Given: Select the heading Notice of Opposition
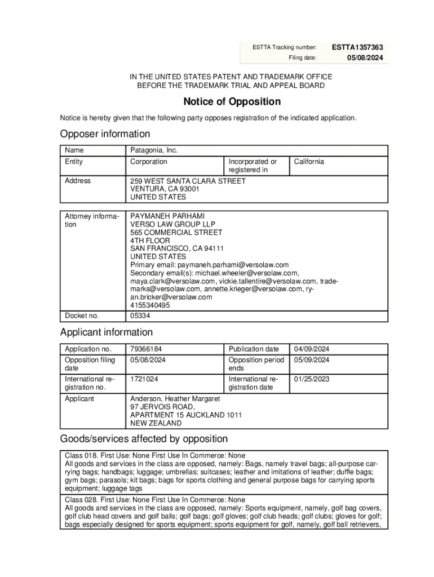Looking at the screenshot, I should pos(232,102).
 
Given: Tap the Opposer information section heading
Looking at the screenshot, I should pos(105,134).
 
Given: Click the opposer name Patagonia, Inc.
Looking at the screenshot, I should pos(154,150).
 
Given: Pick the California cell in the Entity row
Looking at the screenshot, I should pos(308,162).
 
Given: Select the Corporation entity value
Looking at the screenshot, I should pos(149,162).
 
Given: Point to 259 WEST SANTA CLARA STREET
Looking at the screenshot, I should pos(188,181).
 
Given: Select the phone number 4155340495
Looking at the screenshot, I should pos(149,305).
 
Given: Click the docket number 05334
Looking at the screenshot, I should pos(140,316).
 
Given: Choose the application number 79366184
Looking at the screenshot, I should pos(146,349).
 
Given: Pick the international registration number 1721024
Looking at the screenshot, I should pos(144,379).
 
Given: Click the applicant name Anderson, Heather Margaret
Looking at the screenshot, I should pos(175,399).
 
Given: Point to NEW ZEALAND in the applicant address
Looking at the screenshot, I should pos(156,423).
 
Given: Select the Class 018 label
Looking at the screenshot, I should pos(81,455).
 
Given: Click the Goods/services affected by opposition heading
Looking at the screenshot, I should pos(144,439).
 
